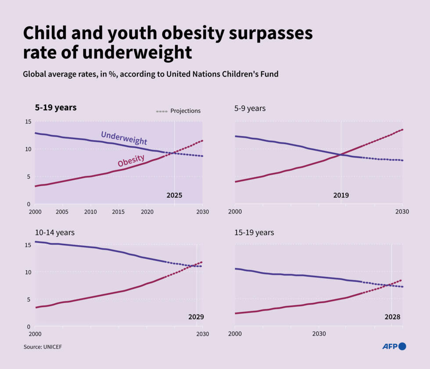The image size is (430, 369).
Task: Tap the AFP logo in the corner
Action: [x=394, y=346]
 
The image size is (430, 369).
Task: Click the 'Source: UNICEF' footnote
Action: [x=43, y=347]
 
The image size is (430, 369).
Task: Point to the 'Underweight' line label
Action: [x=124, y=138]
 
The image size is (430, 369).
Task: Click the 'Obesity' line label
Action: [x=131, y=160]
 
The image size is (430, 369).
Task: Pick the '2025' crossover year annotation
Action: [x=174, y=195]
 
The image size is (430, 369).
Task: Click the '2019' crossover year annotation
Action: [x=341, y=195]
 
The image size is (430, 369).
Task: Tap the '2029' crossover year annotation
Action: [x=196, y=317]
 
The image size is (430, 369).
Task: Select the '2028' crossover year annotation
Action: [x=392, y=317]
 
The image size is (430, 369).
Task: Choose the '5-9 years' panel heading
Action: [x=250, y=108]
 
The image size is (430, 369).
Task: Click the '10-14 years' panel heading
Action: [x=55, y=232]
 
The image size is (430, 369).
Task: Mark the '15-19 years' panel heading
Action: [x=254, y=232]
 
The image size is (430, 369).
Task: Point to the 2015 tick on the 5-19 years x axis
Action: [x=118, y=212]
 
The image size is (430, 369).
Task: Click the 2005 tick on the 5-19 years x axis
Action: [x=63, y=212]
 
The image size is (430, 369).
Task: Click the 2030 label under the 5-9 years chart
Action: [x=402, y=212]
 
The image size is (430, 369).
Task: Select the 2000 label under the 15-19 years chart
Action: [x=235, y=334]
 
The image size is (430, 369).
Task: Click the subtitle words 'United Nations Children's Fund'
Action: [x=222, y=74]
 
